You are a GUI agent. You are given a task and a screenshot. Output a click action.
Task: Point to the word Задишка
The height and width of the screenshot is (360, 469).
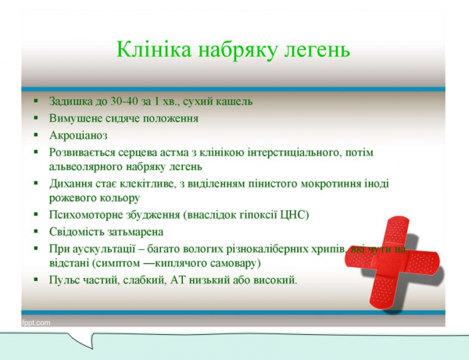coord(70,102)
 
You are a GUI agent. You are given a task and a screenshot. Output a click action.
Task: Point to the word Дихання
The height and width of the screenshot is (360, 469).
coord(70,185)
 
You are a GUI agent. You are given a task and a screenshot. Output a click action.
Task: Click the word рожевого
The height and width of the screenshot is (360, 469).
coord(73,198)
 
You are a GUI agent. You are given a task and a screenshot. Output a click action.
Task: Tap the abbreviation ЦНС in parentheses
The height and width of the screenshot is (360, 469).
coord(295,215)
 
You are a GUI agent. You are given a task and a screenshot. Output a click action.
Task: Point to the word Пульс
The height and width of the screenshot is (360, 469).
coord(65,279)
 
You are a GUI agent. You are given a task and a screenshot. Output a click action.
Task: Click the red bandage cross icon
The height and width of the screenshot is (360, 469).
coord(402,255)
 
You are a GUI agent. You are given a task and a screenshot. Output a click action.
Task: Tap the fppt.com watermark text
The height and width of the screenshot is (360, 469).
coord(36,322)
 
